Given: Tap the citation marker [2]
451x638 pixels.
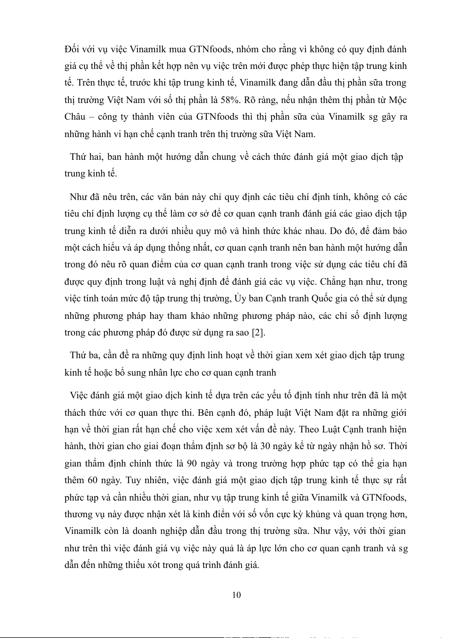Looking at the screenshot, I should tap(259, 332).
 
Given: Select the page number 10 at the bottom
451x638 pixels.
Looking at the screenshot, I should tap(236, 595).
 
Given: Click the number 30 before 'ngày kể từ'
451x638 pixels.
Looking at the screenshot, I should tap(265, 446).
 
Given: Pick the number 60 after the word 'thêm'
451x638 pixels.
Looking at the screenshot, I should tap(92, 480).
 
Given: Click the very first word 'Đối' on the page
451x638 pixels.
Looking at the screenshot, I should tap(72, 49).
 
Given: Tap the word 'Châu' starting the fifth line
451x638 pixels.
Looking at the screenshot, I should tap(75, 117).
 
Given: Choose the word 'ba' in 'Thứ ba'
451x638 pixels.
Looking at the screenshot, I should tap(95, 355).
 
